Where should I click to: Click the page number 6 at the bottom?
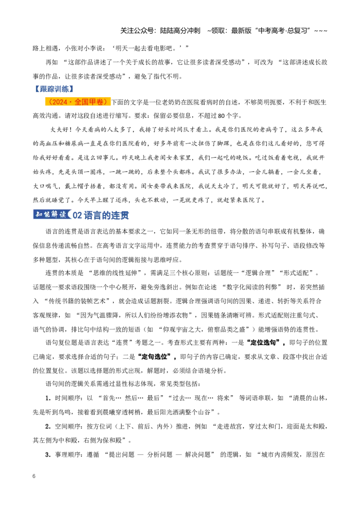(34, 476)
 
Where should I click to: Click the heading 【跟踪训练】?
(54, 89)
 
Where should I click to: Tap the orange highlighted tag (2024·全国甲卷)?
(78, 102)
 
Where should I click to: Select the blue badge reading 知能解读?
(51, 214)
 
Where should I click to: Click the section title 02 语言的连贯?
(101, 215)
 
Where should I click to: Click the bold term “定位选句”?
(266, 343)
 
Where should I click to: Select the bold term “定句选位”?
(157, 357)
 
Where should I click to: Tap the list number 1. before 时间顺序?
(48, 398)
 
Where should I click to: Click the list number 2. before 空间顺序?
(48, 426)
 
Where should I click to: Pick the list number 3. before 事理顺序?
(48, 455)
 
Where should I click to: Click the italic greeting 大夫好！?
(61, 129)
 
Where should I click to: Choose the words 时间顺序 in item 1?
(67, 398)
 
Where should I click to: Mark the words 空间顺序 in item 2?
(67, 426)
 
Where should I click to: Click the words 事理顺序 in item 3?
(67, 455)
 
